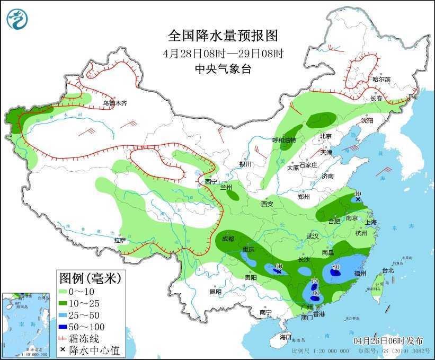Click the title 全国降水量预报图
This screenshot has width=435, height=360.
coord(223,36)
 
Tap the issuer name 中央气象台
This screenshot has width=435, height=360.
coord(223,68)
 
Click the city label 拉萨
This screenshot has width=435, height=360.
coord(120,240)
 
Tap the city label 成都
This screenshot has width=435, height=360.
coord(228,239)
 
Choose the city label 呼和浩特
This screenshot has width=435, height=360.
coord(283,140)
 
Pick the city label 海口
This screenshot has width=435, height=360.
coord(286,337)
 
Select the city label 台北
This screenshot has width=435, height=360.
coord(387,270)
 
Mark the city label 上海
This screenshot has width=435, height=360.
coord(370,222)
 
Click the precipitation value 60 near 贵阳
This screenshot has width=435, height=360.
coord(279,266)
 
